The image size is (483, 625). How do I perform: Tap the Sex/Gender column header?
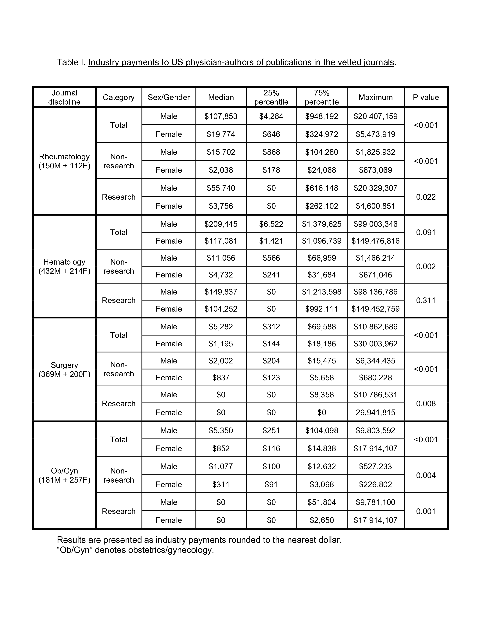click(x=169, y=97)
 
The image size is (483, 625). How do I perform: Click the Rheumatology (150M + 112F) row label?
click(x=64, y=161)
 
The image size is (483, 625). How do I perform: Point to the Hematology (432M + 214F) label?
click(x=64, y=266)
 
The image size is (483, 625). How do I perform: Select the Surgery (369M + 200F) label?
click(x=64, y=370)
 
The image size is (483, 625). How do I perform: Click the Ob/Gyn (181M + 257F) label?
click(x=64, y=475)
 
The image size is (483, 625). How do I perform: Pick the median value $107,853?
click(x=221, y=116)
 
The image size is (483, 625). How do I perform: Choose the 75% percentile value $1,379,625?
click(x=322, y=224)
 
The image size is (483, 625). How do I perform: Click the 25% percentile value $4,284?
click(x=271, y=116)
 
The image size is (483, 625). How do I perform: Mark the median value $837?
click(x=221, y=377)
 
